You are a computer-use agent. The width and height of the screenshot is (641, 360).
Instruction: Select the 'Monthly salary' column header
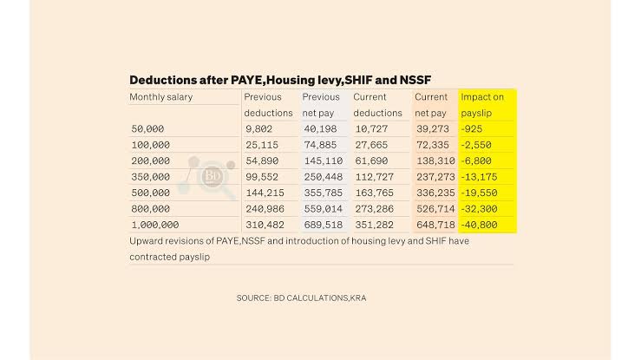[161, 97]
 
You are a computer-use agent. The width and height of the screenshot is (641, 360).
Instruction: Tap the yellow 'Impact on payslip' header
[482, 105]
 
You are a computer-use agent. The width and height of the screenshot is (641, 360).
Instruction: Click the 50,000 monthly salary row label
[149, 128]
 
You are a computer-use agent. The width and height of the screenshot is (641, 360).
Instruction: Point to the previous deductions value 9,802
[259, 128]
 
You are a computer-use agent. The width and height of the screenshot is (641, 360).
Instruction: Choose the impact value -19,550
[481, 193]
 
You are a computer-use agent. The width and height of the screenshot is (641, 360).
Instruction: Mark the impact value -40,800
[482, 226]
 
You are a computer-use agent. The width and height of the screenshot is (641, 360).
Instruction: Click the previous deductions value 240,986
[265, 209]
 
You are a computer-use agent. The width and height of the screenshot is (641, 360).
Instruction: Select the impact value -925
[473, 128]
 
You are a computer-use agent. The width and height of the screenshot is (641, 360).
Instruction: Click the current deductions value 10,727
[370, 128]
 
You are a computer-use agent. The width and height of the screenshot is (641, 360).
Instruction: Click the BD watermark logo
[210, 176]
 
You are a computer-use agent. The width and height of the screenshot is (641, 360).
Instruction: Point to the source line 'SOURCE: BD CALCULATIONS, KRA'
[307, 298]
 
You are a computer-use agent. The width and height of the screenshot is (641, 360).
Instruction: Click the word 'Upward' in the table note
[147, 241]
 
